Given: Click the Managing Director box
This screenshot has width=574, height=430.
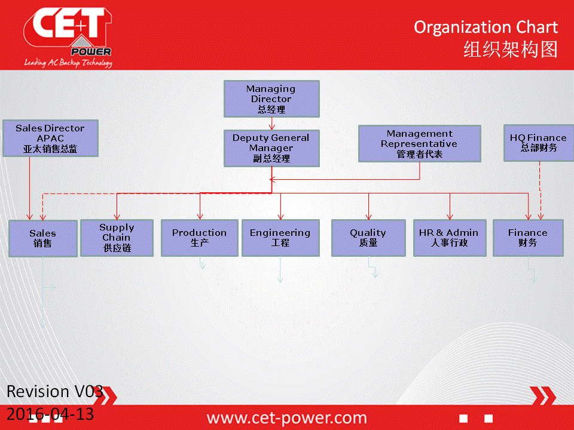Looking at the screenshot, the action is point(271,99).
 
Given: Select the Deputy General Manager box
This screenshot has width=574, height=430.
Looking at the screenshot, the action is point(271,148).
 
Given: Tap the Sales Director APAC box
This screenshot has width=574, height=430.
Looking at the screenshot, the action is point(50,138).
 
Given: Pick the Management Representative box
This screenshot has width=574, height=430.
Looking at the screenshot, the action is point(420,144).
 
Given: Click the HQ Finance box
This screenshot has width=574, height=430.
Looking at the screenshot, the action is point(539,143).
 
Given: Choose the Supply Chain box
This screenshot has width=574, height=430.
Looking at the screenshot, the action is point(117,238).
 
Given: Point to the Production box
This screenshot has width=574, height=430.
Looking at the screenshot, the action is point(200,238).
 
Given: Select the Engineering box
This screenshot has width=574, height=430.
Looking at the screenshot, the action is point(280,238).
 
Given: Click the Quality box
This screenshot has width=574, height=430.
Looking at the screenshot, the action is point(368,238).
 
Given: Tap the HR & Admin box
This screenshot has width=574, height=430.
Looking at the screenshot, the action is point(450,238).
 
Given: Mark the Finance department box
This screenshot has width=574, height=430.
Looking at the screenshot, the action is point(528,238).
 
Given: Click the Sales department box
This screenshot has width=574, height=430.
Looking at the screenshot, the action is point(43,238).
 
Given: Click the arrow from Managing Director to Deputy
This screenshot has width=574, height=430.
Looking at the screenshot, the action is point(271,124).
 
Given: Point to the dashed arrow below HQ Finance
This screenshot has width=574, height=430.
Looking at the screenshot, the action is point(541,191).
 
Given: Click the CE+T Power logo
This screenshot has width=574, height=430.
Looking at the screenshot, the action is point(68,37).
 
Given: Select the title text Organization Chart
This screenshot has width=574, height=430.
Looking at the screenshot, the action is point(486,27).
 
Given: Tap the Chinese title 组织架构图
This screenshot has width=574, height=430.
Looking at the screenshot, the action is point(511,50).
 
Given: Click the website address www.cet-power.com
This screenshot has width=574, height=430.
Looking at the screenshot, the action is point(286,417).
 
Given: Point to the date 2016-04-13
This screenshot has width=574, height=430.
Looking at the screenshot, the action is point(50,414).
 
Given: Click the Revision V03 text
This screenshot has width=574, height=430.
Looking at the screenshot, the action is point(55,391).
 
